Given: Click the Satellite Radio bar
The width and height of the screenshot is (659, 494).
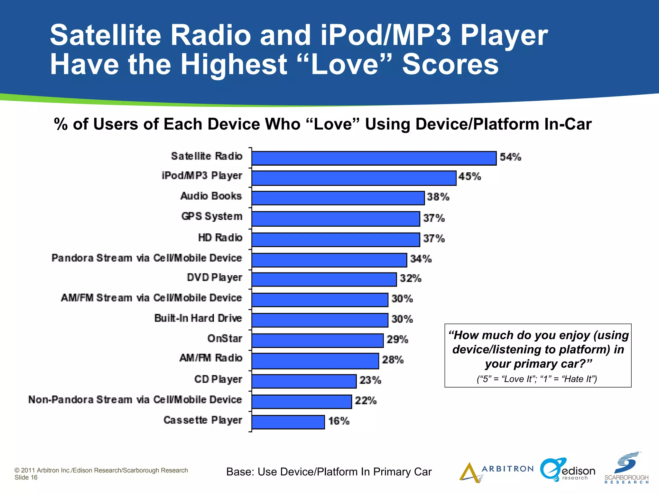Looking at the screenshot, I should pyautogui.click(x=374, y=158).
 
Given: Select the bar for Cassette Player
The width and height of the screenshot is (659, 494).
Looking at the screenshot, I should pyautogui.click(x=288, y=422).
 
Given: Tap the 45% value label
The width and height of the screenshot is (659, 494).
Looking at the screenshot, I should pyautogui.click(x=469, y=177).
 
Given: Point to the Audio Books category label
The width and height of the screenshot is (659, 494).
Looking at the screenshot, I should pyautogui.click(x=211, y=196).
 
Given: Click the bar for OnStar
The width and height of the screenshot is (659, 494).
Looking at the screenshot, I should pyautogui.click(x=318, y=340).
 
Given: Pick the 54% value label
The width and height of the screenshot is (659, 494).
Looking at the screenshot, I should pyautogui.click(x=510, y=157).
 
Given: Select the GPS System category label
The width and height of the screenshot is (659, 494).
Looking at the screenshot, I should pyautogui.click(x=212, y=216).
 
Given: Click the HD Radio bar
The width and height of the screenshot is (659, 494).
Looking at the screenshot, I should pyautogui.click(x=336, y=240).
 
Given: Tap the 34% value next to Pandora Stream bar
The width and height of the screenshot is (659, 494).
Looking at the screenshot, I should pyautogui.click(x=421, y=259).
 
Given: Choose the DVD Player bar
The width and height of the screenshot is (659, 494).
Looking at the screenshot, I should pyautogui.click(x=324, y=279).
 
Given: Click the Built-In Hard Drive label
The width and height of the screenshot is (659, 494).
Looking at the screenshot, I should pyautogui.click(x=198, y=318).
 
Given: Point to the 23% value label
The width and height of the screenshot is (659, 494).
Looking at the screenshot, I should pyautogui.click(x=370, y=380).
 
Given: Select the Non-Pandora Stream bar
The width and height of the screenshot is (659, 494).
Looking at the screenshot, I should pyautogui.click(x=302, y=402).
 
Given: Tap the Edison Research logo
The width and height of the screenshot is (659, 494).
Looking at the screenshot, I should pyautogui.click(x=568, y=470).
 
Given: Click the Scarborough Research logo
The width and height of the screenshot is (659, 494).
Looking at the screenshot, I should pyautogui.click(x=626, y=468).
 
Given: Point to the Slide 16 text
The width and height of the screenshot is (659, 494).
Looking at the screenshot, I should pyautogui.click(x=26, y=478).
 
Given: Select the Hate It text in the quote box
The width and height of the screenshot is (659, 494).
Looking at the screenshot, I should pyautogui.click(x=578, y=379).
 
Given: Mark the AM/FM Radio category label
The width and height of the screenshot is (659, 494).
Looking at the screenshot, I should pyautogui.click(x=211, y=358).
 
